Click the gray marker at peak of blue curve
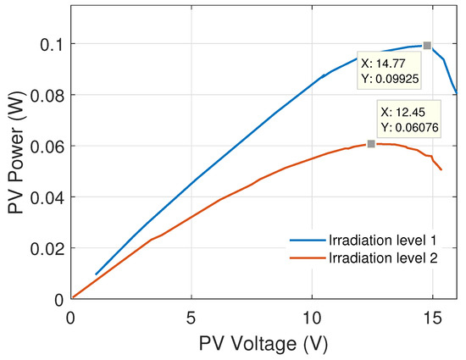point(427,45)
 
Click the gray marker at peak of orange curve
point(371,144)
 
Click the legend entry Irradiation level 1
point(382,241)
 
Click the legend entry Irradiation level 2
point(382,261)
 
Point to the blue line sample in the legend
point(307,241)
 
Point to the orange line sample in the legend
point(307,261)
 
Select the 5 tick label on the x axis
point(191,317)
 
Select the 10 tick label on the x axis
point(313,317)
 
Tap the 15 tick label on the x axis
point(433,317)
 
